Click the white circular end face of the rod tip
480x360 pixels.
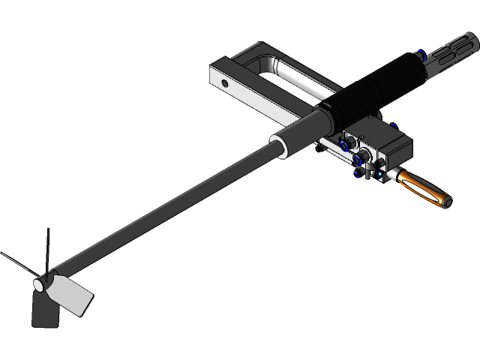(39, 286)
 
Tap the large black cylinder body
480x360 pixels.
(367, 91)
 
